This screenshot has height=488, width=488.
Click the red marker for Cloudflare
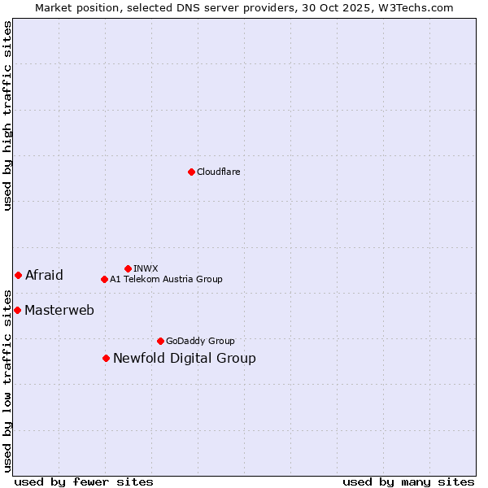(191, 172)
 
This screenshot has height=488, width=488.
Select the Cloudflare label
(218, 172)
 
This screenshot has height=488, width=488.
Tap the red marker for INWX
(128, 268)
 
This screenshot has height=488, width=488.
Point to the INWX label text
(146, 268)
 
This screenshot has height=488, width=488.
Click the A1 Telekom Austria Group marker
(104, 279)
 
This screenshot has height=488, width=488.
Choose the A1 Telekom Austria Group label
(166, 279)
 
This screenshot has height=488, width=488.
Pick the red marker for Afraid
(18, 275)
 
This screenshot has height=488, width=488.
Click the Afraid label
(44, 275)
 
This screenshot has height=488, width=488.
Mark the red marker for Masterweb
(17, 310)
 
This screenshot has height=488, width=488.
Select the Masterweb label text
(59, 310)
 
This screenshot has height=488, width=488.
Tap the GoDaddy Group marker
(160, 341)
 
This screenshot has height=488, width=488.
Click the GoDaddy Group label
(200, 341)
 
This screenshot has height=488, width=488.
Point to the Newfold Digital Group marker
(106, 358)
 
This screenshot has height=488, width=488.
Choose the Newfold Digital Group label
(185, 358)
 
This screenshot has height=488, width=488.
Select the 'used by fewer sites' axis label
(84, 481)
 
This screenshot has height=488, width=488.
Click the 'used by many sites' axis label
(408, 481)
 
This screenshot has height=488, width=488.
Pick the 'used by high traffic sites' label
(7, 115)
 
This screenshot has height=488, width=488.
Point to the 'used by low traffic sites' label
(7, 380)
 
